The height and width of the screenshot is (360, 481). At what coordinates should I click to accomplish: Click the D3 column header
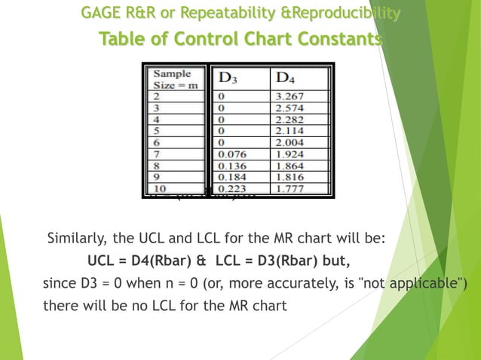[227, 78]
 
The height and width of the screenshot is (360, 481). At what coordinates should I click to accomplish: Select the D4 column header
[286, 78]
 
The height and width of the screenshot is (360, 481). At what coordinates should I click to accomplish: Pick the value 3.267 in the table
[290, 96]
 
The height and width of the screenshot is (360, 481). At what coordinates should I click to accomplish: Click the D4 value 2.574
[290, 108]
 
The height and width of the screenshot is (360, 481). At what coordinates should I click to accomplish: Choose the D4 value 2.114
[290, 131]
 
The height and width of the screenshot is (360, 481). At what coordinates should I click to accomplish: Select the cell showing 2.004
[290, 142]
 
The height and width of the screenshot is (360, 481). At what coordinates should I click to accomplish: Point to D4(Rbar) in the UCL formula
[162, 261]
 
